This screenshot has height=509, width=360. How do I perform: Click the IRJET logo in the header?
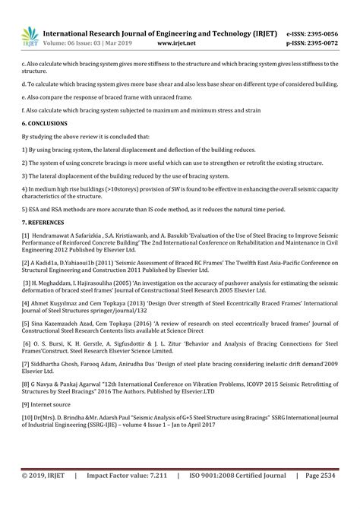click(31, 34)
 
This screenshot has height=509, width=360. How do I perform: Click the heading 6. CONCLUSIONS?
click(45, 122)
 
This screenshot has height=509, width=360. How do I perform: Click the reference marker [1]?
click(26, 235)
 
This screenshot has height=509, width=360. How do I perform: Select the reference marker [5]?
click(26, 322)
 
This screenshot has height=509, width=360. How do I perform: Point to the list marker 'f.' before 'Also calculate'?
click(24, 109)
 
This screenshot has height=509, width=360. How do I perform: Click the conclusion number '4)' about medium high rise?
click(24, 188)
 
